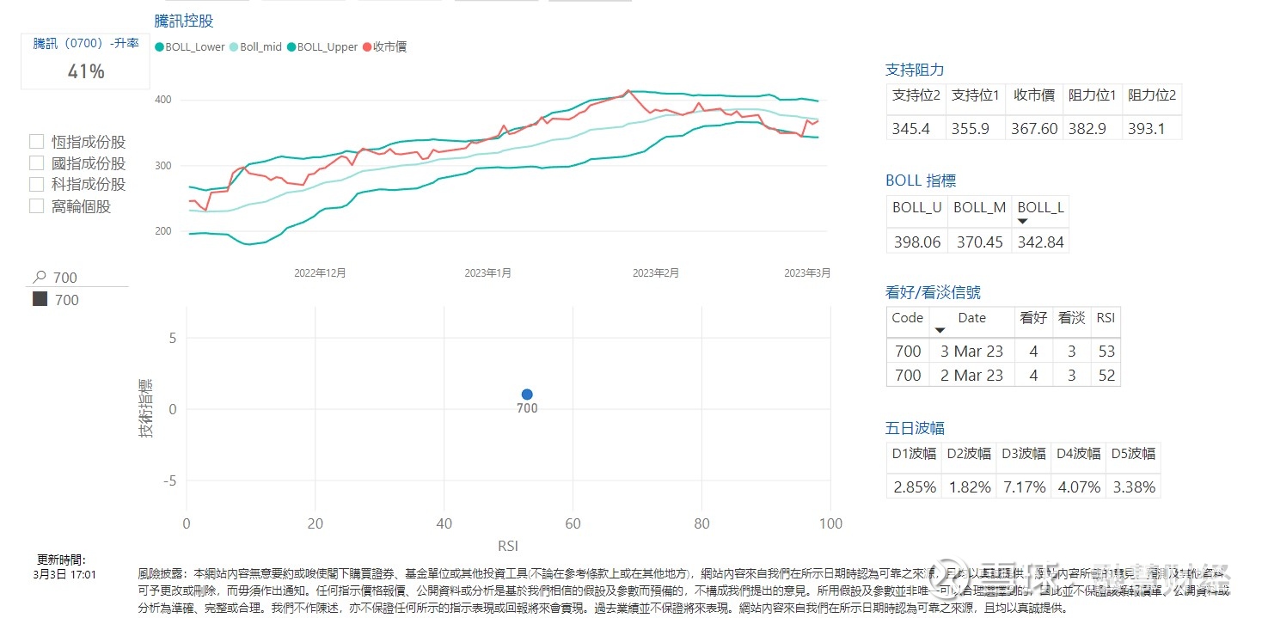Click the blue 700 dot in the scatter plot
click(x=527, y=395)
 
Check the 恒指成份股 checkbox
click(x=37, y=142)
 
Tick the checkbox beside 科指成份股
click(x=37, y=184)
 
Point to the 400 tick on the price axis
click(x=162, y=100)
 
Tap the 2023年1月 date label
click(x=487, y=273)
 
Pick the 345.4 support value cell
click(x=916, y=128)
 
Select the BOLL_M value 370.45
click(x=979, y=242)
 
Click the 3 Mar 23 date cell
click(x=971, y=351)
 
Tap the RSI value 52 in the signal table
click(x=1106, y=375)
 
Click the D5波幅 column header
click(x=1132, y=454)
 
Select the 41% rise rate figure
click(x=86, y=71)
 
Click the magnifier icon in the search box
click(x=39, y=277)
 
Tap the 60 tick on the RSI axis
click(x=573, y=524)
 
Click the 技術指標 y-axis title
click(x=146, y=408)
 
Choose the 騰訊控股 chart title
click(x=184, y=21)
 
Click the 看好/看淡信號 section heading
click(x=933, y=292)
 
